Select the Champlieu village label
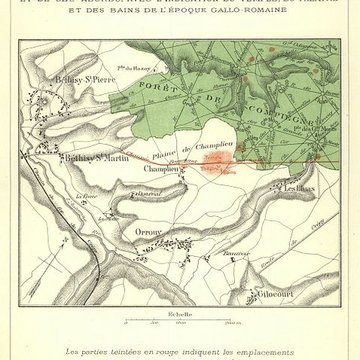[161, 169]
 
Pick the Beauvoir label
[238, 252]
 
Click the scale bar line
[179, 320]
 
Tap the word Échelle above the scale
[179, 312]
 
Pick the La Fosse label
[84, 197]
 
